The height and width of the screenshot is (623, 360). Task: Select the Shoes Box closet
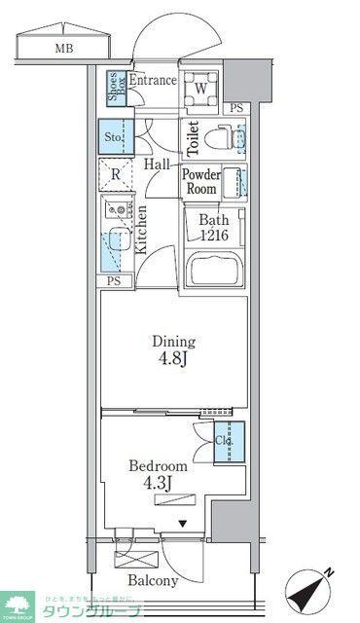point(115,89)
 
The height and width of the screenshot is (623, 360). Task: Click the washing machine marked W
point(200,89)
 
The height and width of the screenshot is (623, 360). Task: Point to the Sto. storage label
point(115,138)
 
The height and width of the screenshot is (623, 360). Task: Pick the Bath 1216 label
point(214,227)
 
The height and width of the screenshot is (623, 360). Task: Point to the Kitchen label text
point(142,230)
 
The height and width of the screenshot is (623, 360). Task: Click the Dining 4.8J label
point(172,348)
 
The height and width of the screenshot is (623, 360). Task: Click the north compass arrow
point(312,588)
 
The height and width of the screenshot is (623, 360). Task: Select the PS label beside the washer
point(236,109)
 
